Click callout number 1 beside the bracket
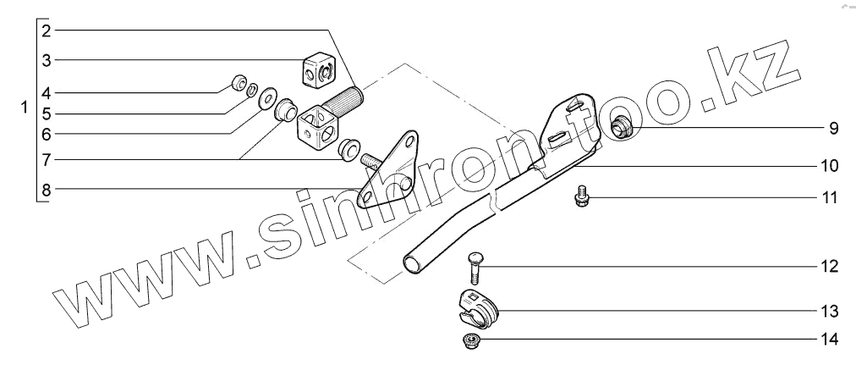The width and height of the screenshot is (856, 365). (25, 108)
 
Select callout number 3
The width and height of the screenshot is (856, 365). (47, 60)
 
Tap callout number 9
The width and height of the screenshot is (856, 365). (832, 129)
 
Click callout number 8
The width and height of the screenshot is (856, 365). (47, 190)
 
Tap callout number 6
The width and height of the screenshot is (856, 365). (47, 133)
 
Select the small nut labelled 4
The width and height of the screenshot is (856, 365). (239, 83)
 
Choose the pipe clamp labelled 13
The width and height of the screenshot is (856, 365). (476, 309)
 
